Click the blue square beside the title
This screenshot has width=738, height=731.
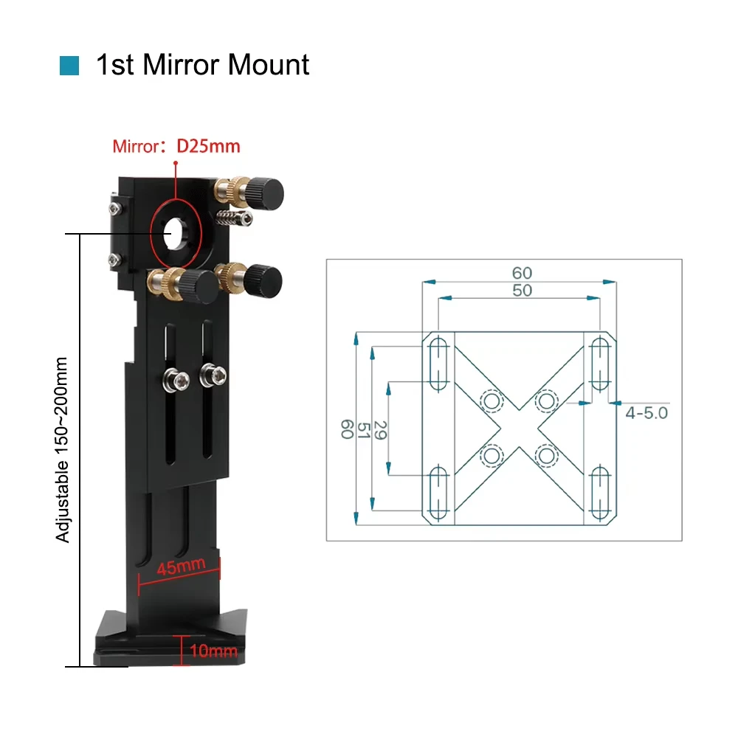69,66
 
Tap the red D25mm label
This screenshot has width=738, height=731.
208,146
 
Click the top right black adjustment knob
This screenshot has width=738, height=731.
267,193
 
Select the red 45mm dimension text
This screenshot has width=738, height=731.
182,566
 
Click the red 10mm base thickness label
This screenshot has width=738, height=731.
213,651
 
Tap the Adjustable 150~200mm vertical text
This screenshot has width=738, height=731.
62,450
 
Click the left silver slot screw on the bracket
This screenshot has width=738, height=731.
176,380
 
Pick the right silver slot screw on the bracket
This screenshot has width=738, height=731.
213,375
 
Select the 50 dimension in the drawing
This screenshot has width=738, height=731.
522,290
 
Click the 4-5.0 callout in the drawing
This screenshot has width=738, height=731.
646,413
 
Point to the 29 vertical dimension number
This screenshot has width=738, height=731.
380,431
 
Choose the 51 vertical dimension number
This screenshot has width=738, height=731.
364,431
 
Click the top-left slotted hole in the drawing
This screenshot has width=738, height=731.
438,364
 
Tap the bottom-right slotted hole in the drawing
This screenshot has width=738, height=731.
600,493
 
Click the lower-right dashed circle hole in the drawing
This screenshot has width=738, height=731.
546,455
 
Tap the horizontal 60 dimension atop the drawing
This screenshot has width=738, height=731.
522,273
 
